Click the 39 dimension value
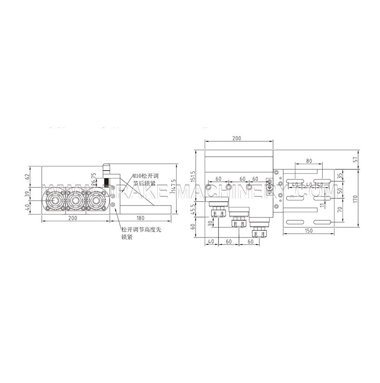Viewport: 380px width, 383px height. click(27, 194)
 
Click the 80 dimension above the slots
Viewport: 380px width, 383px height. click(309, 161)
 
